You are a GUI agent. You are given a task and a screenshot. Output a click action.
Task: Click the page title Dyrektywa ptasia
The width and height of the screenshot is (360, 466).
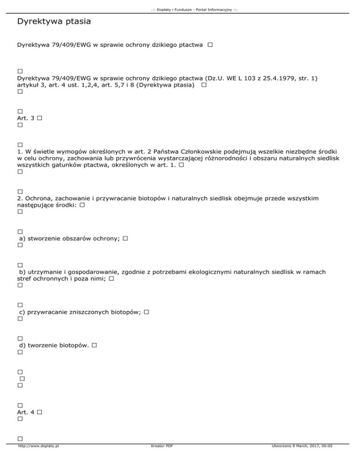tap(53, 22)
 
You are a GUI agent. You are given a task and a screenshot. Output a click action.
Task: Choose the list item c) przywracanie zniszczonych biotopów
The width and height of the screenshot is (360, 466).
tap(80, 312)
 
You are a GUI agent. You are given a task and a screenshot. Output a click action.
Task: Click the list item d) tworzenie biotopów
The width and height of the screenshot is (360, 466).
tap(54, 345)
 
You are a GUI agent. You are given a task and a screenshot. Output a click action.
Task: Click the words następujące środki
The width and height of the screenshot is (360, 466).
tap(46, 205)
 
